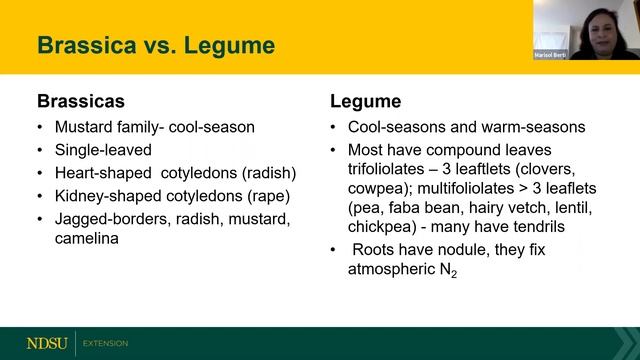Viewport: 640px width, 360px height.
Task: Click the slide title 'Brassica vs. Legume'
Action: (155, 45)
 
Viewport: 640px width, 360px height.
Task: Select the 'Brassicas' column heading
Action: (76, 101)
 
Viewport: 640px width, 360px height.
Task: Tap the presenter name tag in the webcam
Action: (553, 54)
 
